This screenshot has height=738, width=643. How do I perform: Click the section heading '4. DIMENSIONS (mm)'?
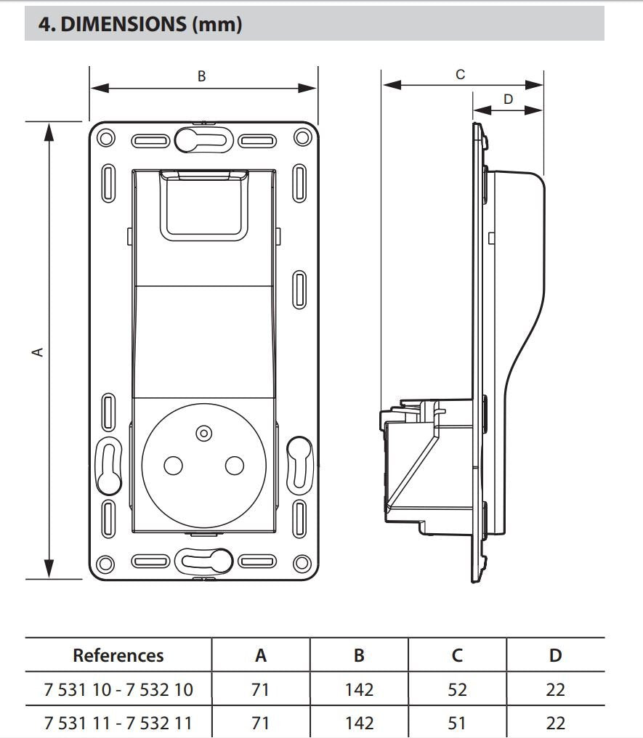coord(139,24)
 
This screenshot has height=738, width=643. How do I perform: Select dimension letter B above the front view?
coord(202,76)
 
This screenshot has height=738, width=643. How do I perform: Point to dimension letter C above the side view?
coord(460,74)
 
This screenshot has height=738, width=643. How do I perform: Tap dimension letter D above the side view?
coord(508,99)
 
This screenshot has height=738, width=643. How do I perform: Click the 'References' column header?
coord(118,655)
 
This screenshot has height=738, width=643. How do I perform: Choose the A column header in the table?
coord(261,655)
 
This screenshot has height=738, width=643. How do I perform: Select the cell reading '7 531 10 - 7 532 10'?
coord(118,689)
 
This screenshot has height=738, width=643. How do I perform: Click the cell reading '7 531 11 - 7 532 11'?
coord(118,723)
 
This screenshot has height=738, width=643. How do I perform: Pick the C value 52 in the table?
coord(457,689)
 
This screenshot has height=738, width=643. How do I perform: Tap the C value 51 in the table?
coord(457,723)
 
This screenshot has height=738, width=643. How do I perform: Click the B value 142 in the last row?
coord(359,723)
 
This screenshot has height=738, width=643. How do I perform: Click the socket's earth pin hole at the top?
coord(204,434)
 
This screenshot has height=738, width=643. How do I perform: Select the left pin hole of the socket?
coord(173,465)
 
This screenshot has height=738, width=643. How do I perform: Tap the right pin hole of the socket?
coord(235,465)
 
